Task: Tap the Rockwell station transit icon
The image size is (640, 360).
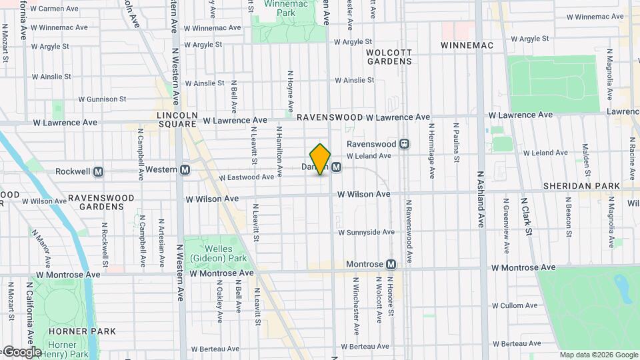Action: tap(99, 171)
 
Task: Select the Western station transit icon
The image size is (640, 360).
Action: tap(185, 170)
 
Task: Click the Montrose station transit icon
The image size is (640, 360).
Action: tap(391, 265)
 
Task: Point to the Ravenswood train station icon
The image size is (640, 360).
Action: tap(404, 144)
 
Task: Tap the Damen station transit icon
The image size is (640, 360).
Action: tap(337, 167)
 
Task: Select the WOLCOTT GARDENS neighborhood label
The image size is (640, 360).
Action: tap(389, 56)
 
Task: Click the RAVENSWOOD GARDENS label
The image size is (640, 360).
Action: tap(101, 202)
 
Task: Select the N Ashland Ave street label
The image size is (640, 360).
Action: tap(480, 199)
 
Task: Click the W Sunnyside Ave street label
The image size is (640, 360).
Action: tap(366, 233)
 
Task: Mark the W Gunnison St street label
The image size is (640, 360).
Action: tap(102, 99)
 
